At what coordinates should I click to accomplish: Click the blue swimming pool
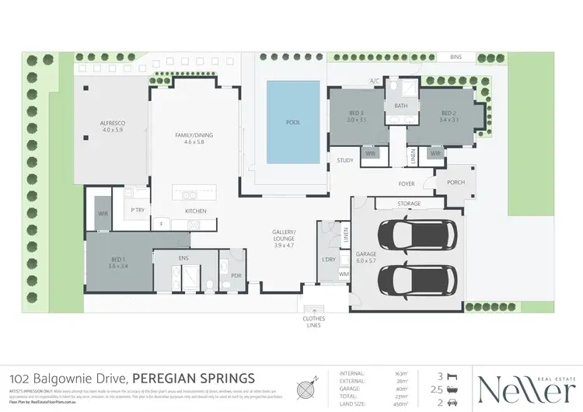[x=292, y=122]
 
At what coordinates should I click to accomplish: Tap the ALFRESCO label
[x=113, y=127]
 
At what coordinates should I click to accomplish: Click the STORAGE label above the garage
[x=409, y=204]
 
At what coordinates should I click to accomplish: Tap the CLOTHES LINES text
[x=314, y=322]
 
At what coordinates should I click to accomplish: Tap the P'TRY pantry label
[x=138, y=211]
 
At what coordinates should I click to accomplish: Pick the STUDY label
[x=345, y=161]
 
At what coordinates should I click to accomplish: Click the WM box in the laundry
[x=344, y=274]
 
